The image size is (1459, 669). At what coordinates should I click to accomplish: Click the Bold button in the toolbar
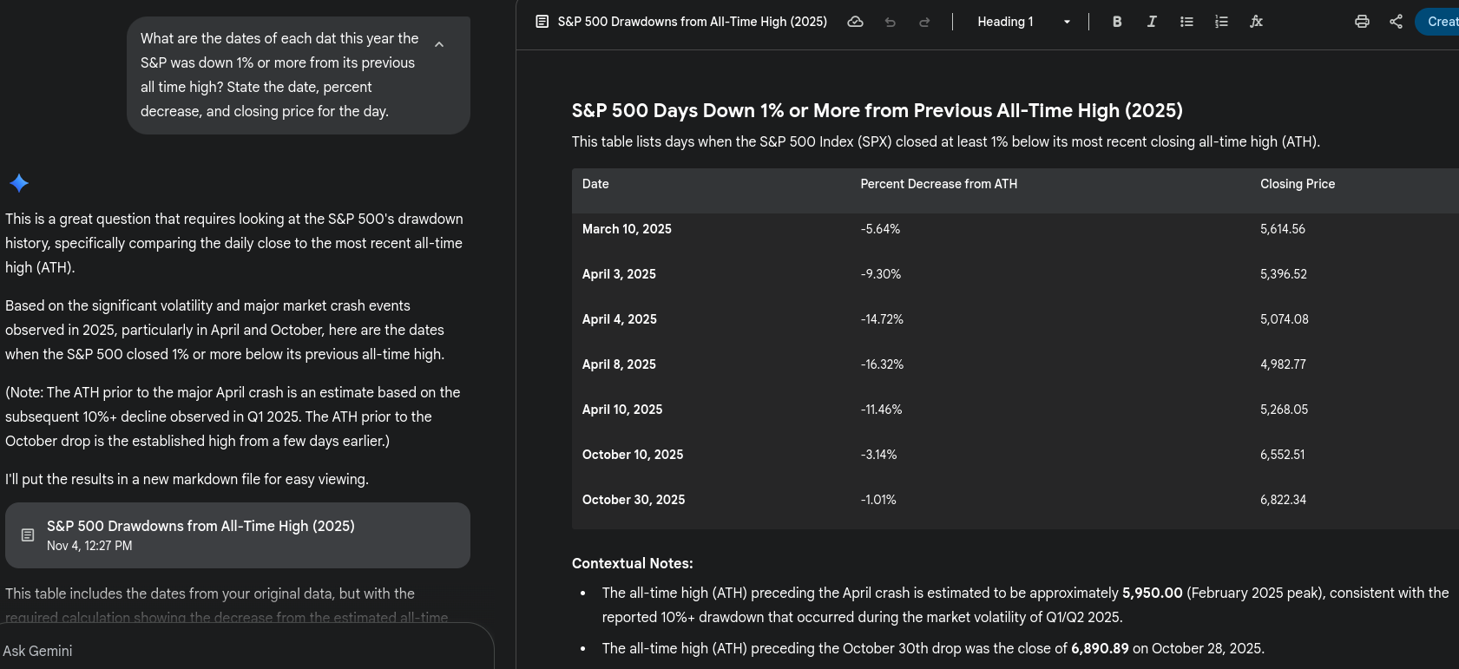[x=1117, y=22]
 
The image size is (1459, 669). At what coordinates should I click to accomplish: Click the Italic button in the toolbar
[x=1152, y=22]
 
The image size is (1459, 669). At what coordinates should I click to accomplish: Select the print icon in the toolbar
[x=1362, y=22]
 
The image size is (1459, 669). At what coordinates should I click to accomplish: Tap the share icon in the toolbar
[x=1396, y=22]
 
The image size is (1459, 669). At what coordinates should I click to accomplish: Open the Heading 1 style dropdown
[x=1023, y=22]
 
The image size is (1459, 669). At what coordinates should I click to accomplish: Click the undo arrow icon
[x=890, y=22]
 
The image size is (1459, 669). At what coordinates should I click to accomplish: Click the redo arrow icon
[x=924, y=22]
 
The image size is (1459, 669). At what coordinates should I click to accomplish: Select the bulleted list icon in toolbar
[x=1186, y=22]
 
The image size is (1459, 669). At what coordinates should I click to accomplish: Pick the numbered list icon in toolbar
[x=1221, y=22]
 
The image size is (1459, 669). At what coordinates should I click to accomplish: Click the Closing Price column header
[x=1298, y=184]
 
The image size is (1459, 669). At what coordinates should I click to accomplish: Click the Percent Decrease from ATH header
[x=938, y=184]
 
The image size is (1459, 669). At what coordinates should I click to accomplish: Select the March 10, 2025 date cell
[x=627, y=229]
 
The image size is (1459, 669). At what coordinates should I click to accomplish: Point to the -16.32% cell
[x=882, y=364]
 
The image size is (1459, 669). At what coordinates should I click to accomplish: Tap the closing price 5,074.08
[x=1284, y=319]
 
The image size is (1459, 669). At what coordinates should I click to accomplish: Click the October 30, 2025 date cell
[x=634, y=500]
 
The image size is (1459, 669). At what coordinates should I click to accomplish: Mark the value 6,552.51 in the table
[x=1282, y=455]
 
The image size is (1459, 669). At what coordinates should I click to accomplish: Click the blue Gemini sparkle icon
[x=19, y=183]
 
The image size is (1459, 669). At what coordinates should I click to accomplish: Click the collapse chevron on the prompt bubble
[x=439, y=44]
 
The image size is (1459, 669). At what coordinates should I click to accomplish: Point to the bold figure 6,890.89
[x=1100, y=648]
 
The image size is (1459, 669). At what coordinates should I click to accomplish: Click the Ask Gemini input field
[x=243, y=651]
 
